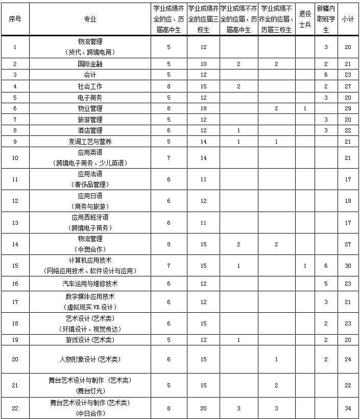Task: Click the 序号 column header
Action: point(15,19)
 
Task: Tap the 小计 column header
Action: point(348,19)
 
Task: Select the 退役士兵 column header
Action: point(304,19)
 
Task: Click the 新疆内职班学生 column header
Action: point(326,19)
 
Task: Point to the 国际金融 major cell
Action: point(90,64)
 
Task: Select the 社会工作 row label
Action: point(90,86)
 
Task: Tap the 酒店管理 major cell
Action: point(90,130)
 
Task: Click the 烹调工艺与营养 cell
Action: point(90,142)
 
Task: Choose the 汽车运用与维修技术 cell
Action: point(90,284)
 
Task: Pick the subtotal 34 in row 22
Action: point(348,408)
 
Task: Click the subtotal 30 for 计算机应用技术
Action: point(348,266)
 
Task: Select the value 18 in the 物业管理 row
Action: point(203,108)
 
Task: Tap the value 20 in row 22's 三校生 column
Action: point(203,408)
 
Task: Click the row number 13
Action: point(15,222)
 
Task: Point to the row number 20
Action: point(15,359)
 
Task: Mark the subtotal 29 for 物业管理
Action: point(348,108)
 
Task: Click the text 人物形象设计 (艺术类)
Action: point(90,359)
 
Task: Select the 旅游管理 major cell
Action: point(90,119)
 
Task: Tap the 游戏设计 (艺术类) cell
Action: point(90,340)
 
